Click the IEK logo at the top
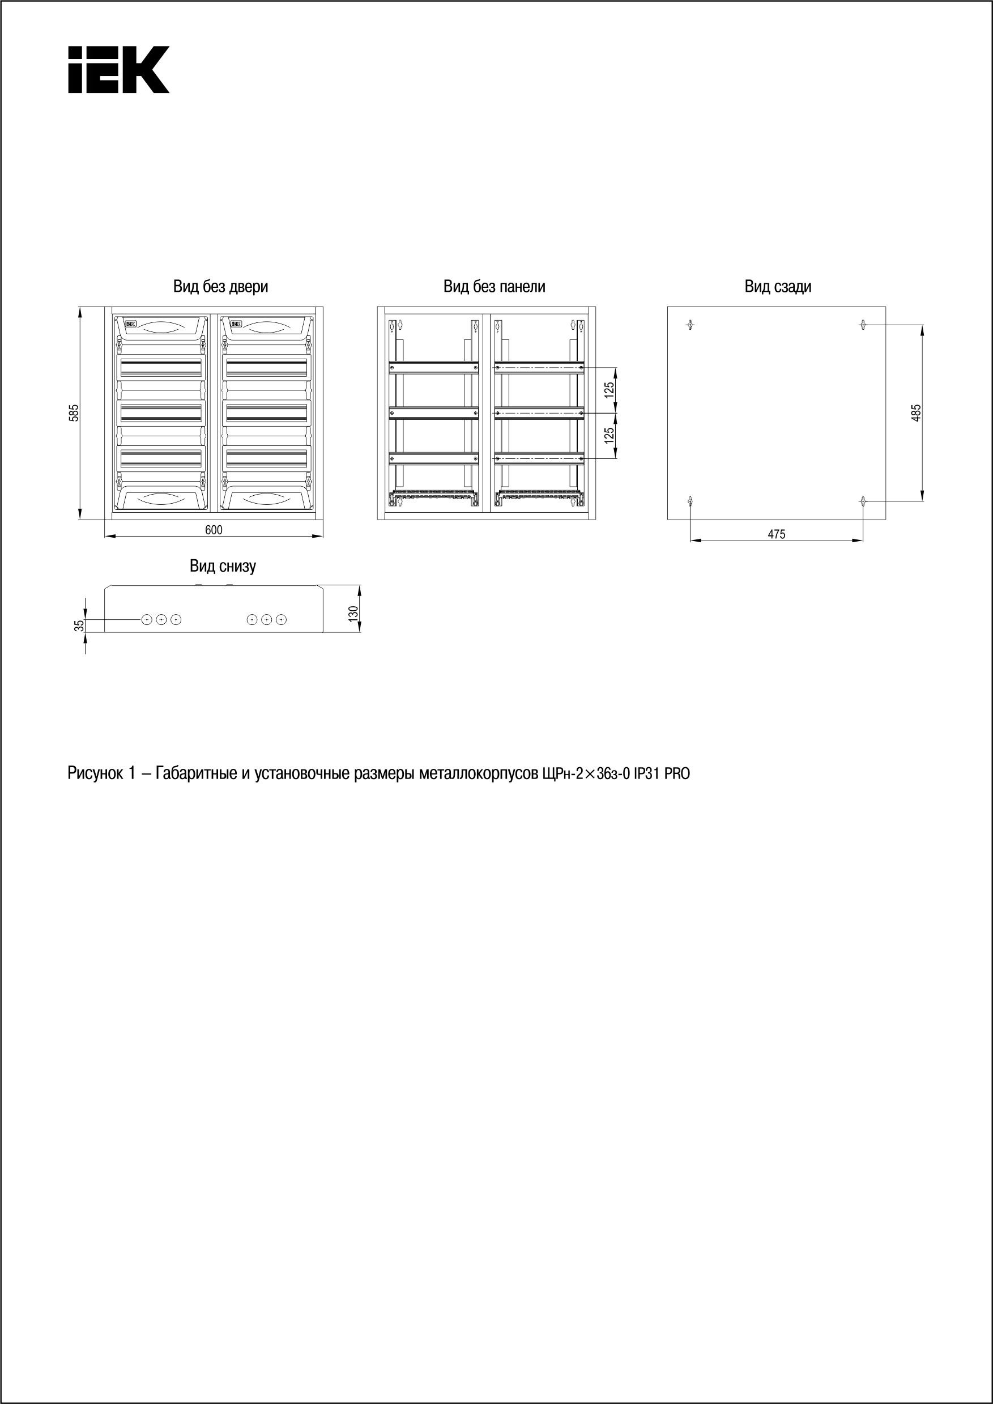click(118, 70)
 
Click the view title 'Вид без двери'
click(220, 286)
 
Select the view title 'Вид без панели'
click(494, 286)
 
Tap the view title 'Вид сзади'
click(777, 286)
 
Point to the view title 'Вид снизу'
click(223, 565)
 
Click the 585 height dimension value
click(74, 413)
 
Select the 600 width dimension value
click(214, 530)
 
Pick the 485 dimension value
click(915, 413)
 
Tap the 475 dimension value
click(776, 534)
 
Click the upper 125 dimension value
click(609, 390)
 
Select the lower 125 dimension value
click(609, 435)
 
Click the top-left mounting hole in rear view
click(691, 325)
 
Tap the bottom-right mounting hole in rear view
click(863, 501)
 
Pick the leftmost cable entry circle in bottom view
click(147, 620)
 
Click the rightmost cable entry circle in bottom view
click(282, 620)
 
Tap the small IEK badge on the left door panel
click(131, 325)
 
